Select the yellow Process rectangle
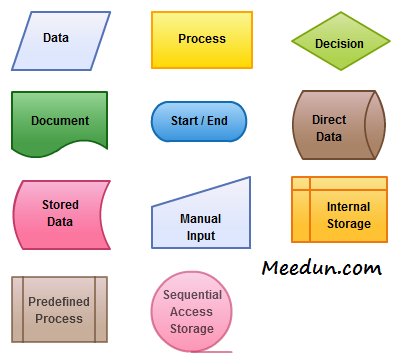[x=202, y=39]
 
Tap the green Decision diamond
[x=339, y=43]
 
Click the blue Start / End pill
[x=199, y=121]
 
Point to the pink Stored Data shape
[x=60, y=213]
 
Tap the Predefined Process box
[x=59, y=309]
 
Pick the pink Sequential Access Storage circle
[x=192, y=310]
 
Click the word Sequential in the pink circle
[x=192, y=295]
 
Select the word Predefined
[x=59, y=302]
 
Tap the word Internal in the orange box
[x=348, y=207]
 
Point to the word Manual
[x=200, y=218]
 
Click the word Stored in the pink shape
[x=60, y=205]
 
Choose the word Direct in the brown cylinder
[x=329, y=120]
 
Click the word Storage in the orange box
[x=348, y=223]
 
